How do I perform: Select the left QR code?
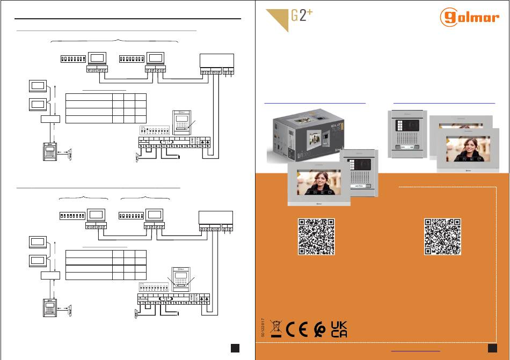317,236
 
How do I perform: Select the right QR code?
443,236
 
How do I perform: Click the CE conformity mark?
295,328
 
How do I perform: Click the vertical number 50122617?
263,328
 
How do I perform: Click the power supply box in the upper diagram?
216,61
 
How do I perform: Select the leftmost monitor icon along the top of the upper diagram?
98,58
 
